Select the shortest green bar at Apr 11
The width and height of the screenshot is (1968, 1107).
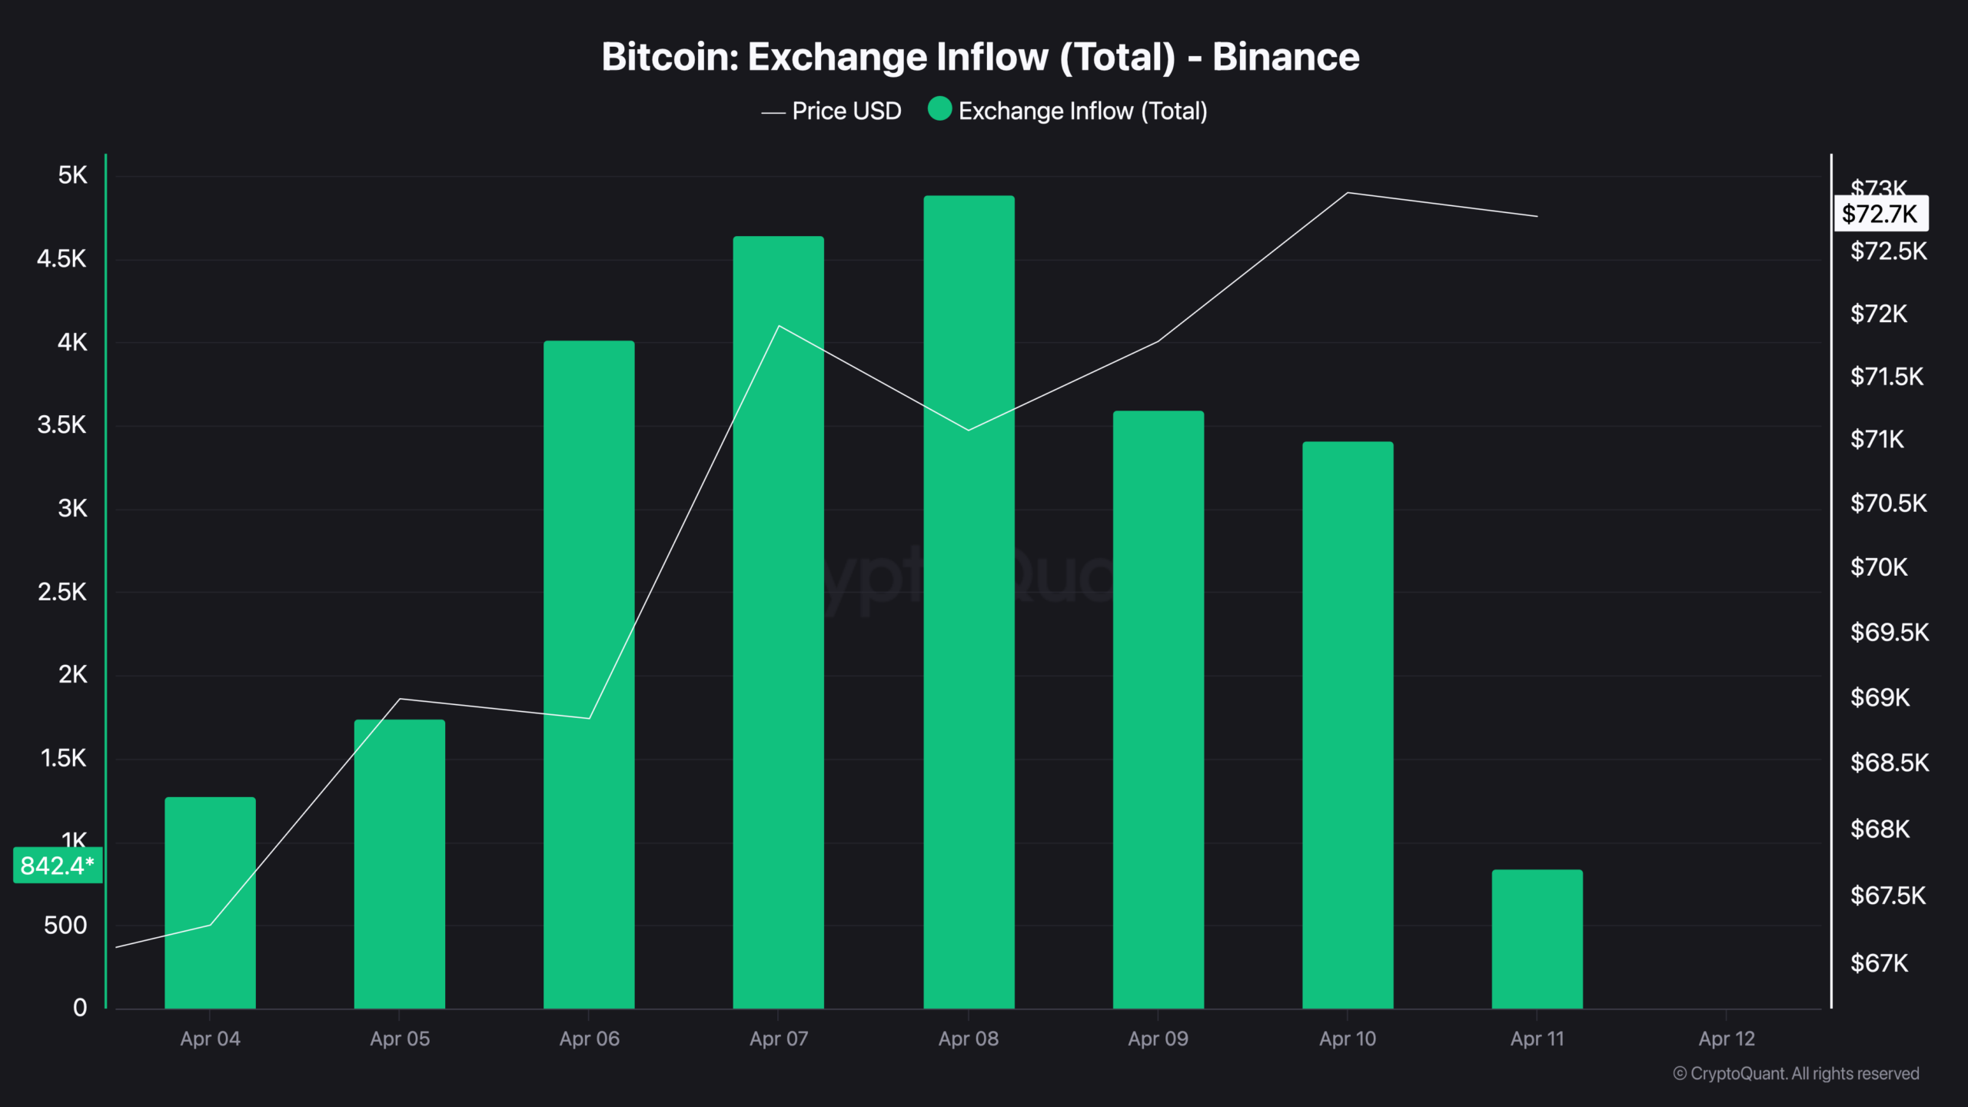tap(1537, 938)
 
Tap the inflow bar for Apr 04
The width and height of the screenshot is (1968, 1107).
tap(210, 903)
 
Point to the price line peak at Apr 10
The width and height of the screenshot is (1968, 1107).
tap(1348, 193)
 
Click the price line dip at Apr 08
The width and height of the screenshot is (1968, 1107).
tap(969, 430)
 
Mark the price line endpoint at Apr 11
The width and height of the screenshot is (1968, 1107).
tap(1537, 216)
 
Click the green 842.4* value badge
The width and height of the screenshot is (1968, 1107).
tap(58, 866)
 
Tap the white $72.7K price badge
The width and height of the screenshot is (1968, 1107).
tap(1880, 214)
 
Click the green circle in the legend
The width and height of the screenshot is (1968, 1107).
tap(939, 109)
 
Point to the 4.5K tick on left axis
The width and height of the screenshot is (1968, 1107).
tap(61, 259)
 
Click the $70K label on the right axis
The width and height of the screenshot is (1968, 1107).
tap(1879, 567)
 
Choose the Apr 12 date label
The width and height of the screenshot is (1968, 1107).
tap(1727, 1039)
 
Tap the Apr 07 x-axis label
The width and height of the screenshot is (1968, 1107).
tap(779, 1039)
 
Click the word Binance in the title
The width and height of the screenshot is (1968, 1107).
tap(1285, 57)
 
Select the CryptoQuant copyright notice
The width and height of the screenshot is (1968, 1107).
tap(1796, 1074)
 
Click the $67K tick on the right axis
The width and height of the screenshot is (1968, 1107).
tap(1879, 963)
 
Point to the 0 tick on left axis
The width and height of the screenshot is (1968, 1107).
tap(80, 1008)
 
